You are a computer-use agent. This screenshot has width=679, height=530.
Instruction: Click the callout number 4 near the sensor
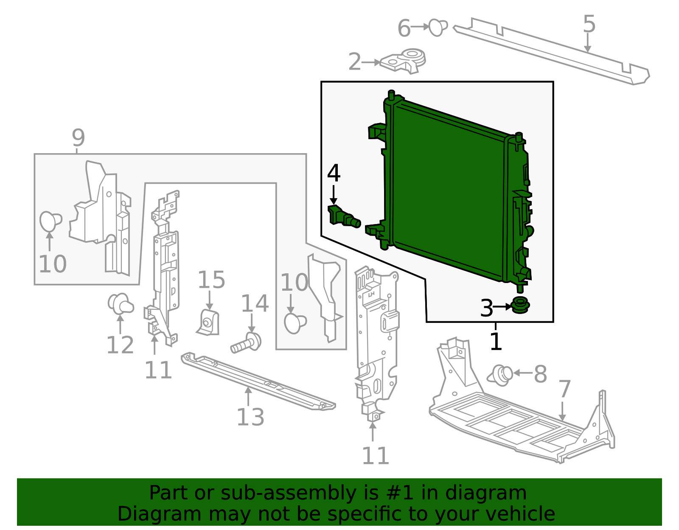point(334,173)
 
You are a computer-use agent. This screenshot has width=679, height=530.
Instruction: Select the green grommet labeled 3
point(520,306)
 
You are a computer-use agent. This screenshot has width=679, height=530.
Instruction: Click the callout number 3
point(486,308)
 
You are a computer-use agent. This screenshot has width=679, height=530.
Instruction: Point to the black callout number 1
point(496,341)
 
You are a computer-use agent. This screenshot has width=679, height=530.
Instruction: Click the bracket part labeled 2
point(403,61)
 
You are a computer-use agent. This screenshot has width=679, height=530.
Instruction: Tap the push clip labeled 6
point(438,27)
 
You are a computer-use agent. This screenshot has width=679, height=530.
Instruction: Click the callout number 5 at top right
point(589,24)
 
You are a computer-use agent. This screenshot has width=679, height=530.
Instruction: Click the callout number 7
point(564,389)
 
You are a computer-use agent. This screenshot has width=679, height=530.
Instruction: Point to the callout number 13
point(250,417)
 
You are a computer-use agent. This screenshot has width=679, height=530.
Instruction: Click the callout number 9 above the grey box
point(78,137)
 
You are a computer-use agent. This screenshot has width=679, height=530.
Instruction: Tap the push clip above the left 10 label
point(50,221)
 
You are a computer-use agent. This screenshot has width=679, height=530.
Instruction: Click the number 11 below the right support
point(375,456)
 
